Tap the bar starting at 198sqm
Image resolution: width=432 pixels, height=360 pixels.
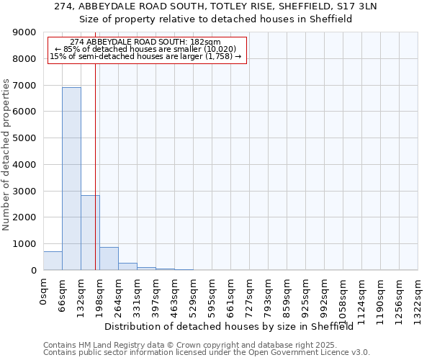tap(109, 258)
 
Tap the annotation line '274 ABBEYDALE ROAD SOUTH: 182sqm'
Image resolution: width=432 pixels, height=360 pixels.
tap(146, 42)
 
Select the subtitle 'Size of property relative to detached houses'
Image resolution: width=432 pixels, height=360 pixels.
tap(215, 19)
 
